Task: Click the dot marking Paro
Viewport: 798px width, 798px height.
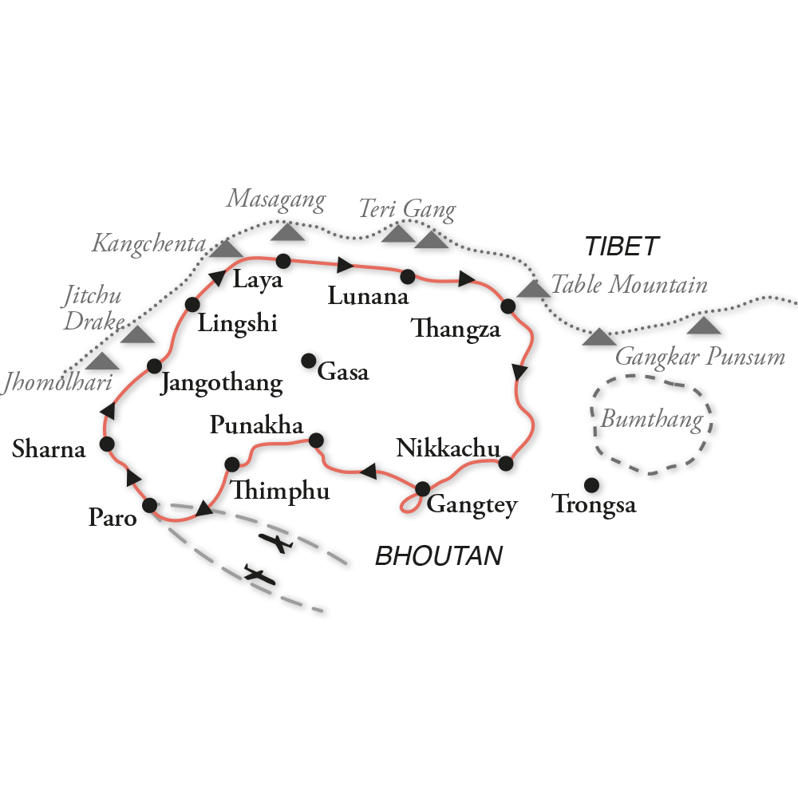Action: (x=149, y=505)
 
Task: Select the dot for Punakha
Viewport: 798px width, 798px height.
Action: (x=316, y=440)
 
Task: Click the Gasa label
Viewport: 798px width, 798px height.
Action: (x=343, y=371)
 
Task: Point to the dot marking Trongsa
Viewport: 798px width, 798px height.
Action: (x=591, y=485)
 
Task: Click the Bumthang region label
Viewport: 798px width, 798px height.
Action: (x=652, y=420)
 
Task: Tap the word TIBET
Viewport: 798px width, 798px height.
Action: (x=622, y=247)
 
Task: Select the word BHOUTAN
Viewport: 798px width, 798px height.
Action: (x=439, y=556)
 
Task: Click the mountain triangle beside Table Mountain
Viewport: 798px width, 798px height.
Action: (x=528, y=289)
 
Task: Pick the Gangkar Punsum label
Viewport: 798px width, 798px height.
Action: (x=701, y=357)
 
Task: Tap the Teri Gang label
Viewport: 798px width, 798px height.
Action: (x=406, y=210)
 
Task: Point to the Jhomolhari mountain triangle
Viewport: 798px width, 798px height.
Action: (x=101, y=361)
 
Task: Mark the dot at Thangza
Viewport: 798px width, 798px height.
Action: (x=508, y=305)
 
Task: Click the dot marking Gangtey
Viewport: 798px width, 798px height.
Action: (x=422, y=488)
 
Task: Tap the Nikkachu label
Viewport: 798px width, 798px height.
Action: (x=447, y=449)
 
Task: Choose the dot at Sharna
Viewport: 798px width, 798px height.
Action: (x=106, y=444)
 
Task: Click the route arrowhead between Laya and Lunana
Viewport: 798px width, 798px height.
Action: (x=345, y=265)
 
